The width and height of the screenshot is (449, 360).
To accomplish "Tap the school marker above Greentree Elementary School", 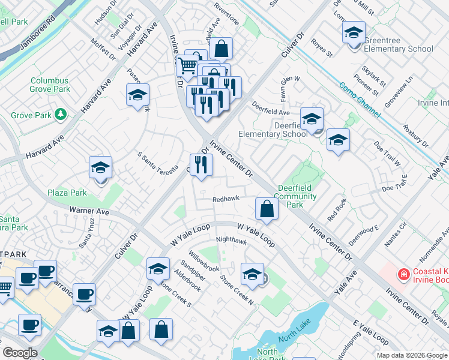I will tap(354, 32).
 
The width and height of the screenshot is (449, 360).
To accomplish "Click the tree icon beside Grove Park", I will tap(60, 113).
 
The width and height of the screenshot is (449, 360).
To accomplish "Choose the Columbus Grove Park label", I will tap(50, 85).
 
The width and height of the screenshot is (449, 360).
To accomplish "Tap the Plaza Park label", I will tap(67, 193).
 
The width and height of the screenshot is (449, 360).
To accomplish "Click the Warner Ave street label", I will tap(89, 211).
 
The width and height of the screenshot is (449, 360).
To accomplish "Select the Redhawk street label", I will tap(226, 199).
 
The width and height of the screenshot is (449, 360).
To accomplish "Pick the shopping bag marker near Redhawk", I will tap(267, 209).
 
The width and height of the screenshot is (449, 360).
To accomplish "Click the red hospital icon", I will tap(405, 275).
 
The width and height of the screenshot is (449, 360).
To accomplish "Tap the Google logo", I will tap(20, 353).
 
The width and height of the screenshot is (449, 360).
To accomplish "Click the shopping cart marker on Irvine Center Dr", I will tap(188, 64).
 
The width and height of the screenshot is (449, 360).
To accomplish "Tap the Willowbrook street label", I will tap(203, 260).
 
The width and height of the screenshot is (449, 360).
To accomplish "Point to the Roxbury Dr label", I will tap(415, 136).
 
